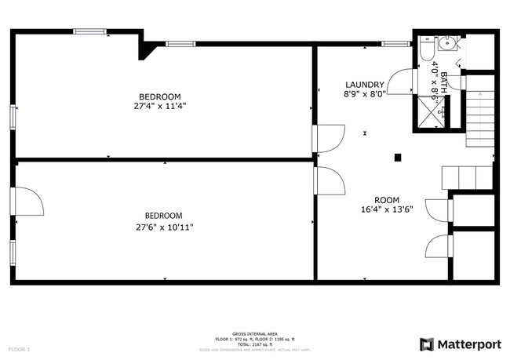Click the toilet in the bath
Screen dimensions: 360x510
coord(425,49)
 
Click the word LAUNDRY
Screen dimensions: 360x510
coord(364,85)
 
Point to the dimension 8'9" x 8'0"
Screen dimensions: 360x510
coord(364,94)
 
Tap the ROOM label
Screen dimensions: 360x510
coord(387,200)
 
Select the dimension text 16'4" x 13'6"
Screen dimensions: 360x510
coord(387,210)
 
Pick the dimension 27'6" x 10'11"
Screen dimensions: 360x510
coord(163,227)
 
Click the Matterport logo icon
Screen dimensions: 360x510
coord(426,344)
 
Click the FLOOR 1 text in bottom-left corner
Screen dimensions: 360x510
coord(19,348)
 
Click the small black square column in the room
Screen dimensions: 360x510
coord(399,156)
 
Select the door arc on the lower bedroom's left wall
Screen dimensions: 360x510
coord(29,202)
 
